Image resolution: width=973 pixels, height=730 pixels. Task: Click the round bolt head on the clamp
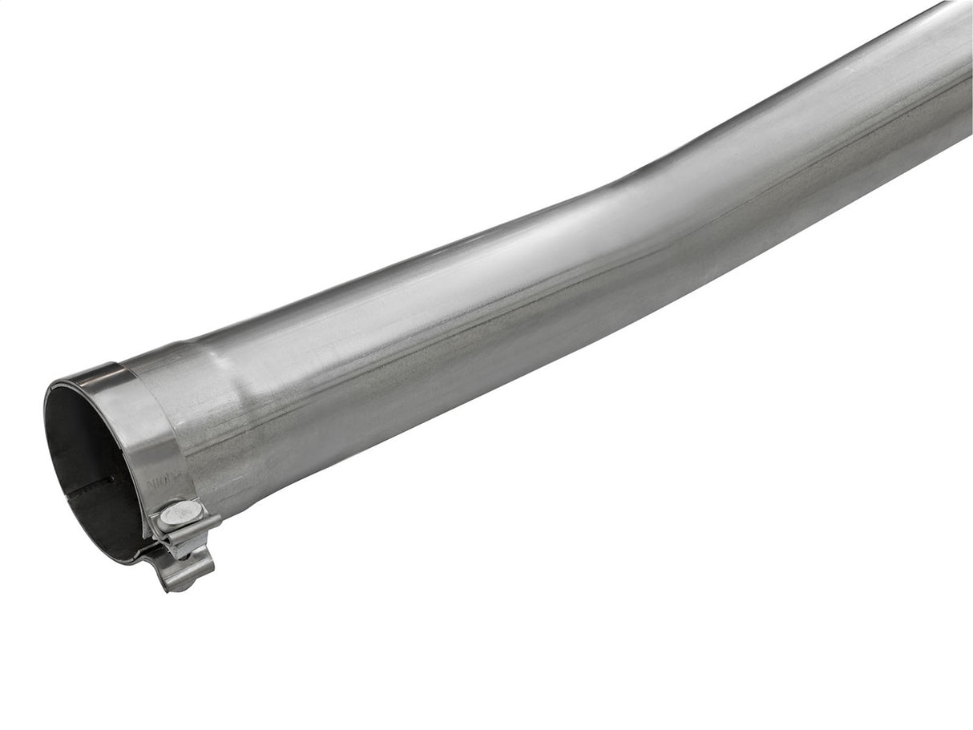click(179, 514)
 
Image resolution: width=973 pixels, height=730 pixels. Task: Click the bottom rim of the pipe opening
click(112, 557)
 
